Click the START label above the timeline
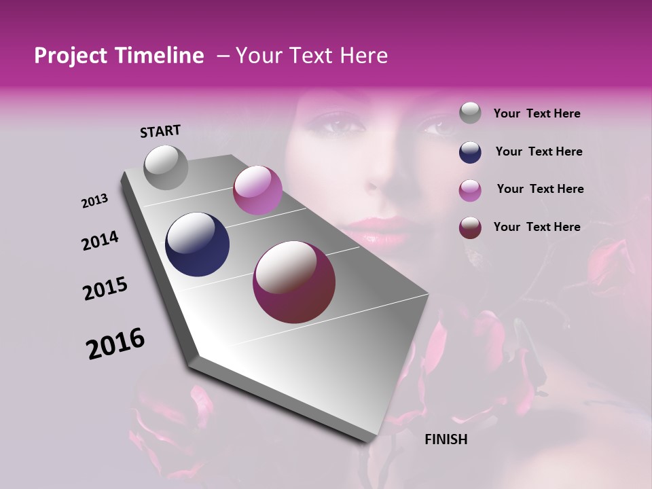click(x=160, y=130)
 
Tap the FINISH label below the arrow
click(x=446, y=439)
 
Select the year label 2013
click(x=94, y=201)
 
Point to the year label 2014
click(x=100, y=240)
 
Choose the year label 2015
click(x=105, y=289)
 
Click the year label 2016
click(x=115, y=344)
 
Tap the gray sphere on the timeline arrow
click(x=166, y=167)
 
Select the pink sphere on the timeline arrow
click(x=257, y=190)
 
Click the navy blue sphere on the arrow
click(x=198, y=244)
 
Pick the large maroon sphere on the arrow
click(x=294, y=282)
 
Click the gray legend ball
click(x=470, y=113)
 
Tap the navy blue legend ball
click(x=470, y=151)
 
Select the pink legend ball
click(x=470, y=189)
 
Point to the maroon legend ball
click(x=470, y=227)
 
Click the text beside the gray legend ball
click(x=537, y=113)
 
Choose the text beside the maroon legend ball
click(x=537, y=227)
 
